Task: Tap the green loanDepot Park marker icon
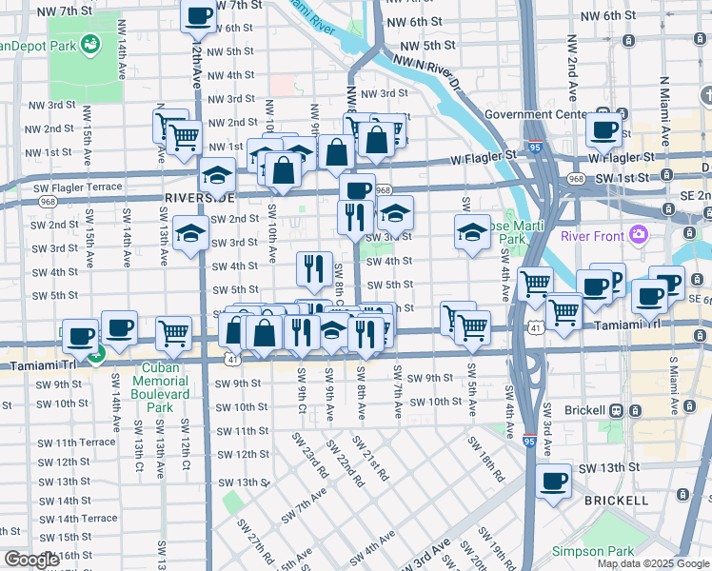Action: [91, 44]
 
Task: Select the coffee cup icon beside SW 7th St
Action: [199, 15]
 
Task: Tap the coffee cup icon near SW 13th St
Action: [554, 481]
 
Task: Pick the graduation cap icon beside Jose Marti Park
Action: [472, 231]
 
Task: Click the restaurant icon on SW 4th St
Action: [314, 268]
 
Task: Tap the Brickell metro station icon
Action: [616, 411]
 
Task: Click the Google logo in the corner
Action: [30, 561]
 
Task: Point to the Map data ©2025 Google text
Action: [653, 563]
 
